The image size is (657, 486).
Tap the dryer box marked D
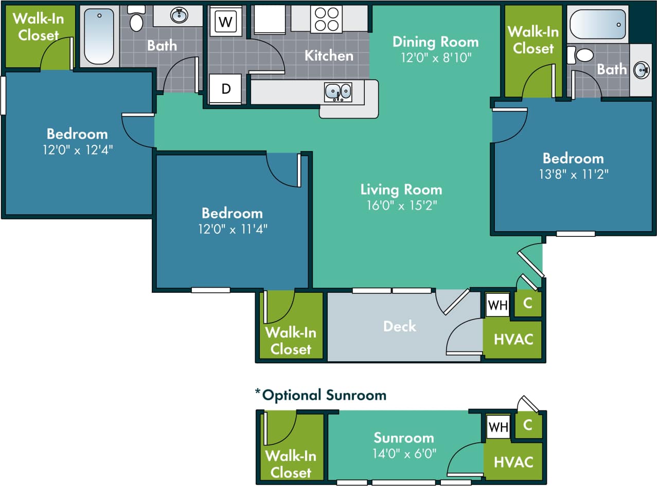tap(226, 88)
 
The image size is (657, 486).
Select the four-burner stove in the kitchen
tap(326, 19)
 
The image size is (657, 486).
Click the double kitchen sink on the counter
tap(338, 92)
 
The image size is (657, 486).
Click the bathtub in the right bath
tap(597, 23)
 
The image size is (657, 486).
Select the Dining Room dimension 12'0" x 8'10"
tap(435, 57)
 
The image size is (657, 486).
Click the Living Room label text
tap(401, 190)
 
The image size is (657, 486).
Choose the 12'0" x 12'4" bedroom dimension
tap(77, 150)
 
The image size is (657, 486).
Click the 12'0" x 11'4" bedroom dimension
tap(232, 229)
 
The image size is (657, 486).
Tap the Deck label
tap(400, 326)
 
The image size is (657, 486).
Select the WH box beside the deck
tap(498, 305)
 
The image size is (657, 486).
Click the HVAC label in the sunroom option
tap(513, 462)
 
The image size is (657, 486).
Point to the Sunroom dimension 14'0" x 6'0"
tap(404, 454)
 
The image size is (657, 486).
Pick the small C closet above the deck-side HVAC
tap(527, 304)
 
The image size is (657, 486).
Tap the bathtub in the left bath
tap(99, 36)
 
